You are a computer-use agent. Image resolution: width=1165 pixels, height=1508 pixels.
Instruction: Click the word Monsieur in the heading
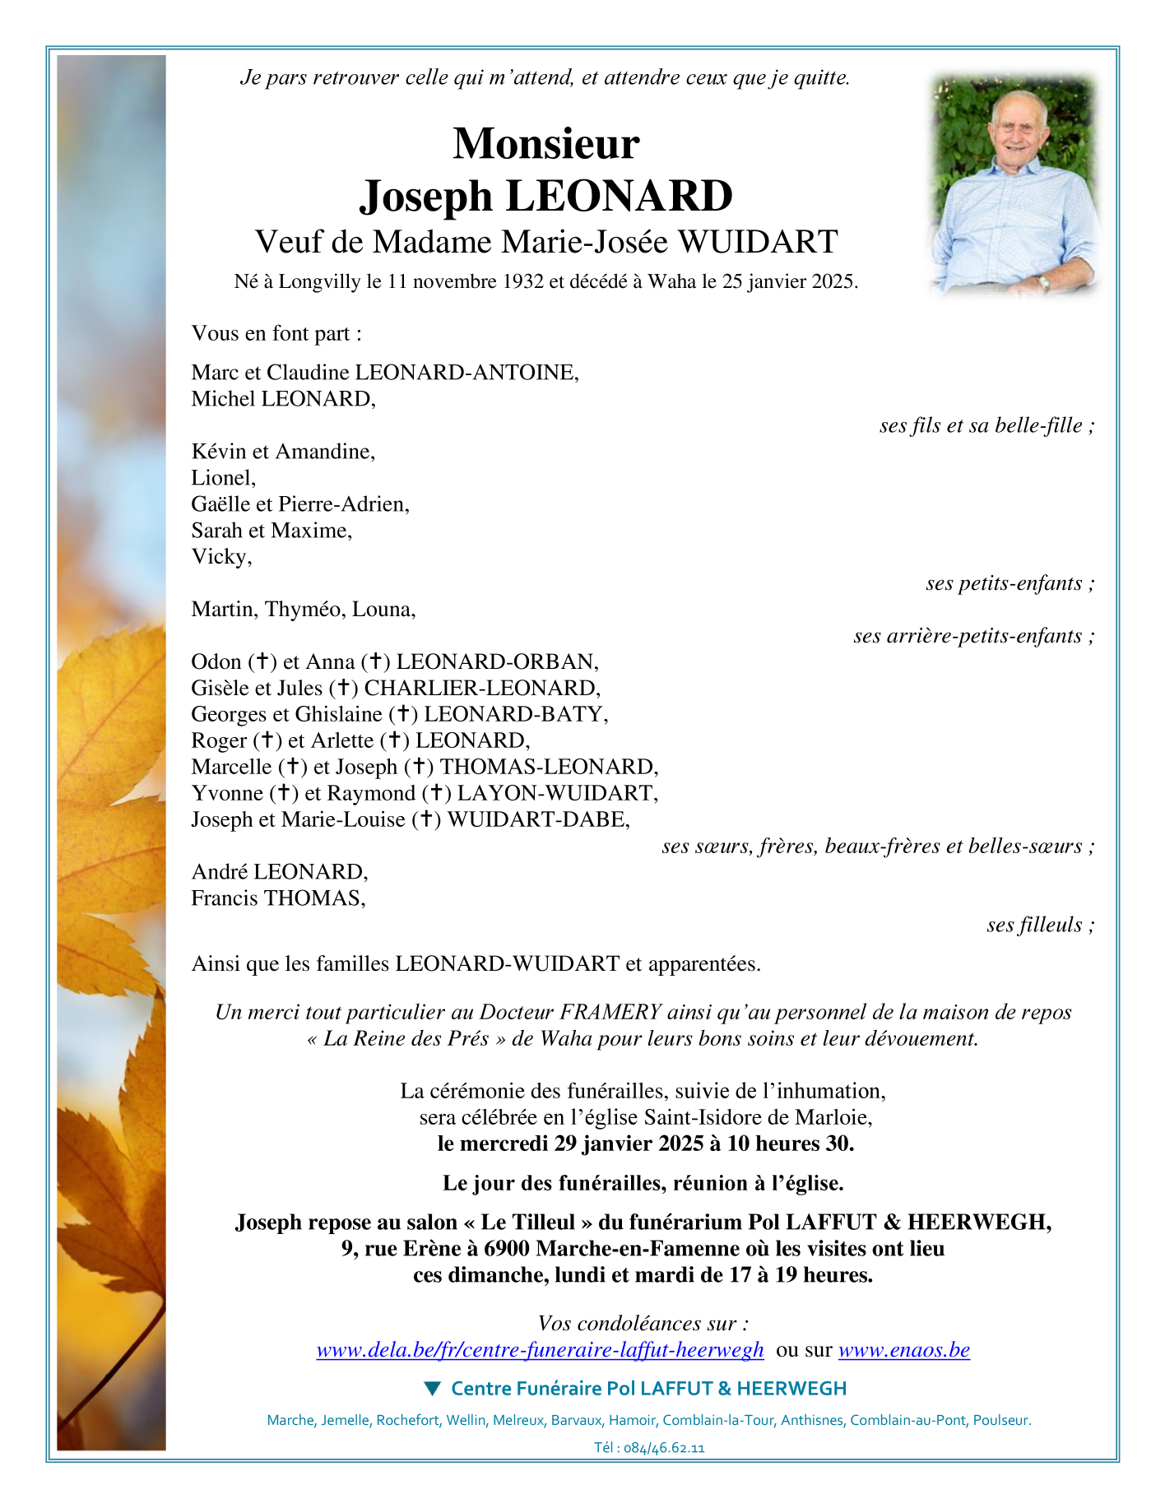click(545, 143)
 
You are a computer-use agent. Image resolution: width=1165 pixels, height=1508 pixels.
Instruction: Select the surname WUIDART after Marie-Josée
click(758, 242)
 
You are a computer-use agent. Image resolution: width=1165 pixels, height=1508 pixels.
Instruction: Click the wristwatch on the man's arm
click(1043, 282)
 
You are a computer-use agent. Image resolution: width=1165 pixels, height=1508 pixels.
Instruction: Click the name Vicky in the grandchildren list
click(220, 557)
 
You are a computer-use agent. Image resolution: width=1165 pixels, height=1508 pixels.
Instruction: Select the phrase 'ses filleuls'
click(1035, 925)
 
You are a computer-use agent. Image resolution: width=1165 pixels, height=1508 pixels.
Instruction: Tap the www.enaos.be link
click(903, 1350)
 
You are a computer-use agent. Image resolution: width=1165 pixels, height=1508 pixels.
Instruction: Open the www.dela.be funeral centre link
click(540, 1350)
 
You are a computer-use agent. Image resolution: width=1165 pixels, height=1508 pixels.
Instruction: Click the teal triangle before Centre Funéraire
click(432, 1389)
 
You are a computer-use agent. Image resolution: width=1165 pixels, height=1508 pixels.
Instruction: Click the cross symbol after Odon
click(262, 661)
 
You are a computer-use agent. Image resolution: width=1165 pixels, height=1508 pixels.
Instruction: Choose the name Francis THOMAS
click(277, 898)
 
